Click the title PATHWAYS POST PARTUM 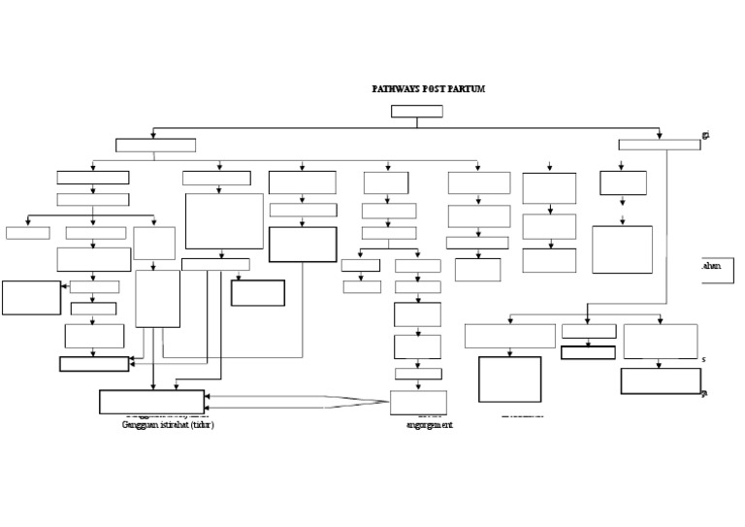[x=428, y=88]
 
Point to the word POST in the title [x=436, y=88]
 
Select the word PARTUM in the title [x=466, y=88]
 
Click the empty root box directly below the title [x=416, y=111]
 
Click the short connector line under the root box [x=416, y=122]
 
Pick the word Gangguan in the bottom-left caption [x=142, y=425]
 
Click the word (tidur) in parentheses [x=202, y=425]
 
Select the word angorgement [x=430, y=425]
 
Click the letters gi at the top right [x=705, y=135]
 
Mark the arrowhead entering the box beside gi [x=660, y=137]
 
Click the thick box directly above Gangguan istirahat [x=151, y=401]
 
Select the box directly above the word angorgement [x=418, y=402]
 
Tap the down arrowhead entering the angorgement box [x=418, y=387]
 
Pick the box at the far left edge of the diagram [x=31, y=297]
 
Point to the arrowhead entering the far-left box [x=65, y=287]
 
